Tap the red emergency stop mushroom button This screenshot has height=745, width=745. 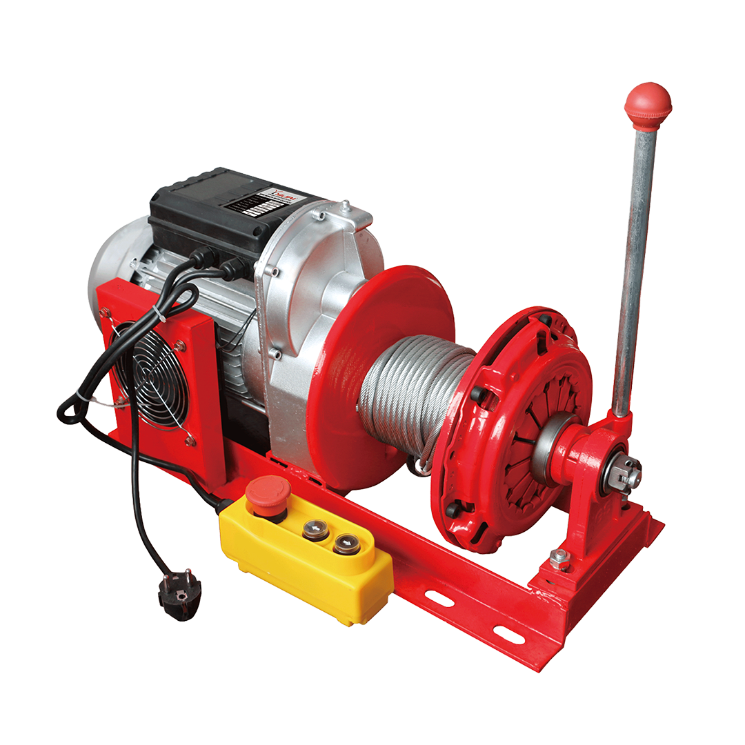[x=267, y=490]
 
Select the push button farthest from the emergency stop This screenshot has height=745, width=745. [x=346, y=545]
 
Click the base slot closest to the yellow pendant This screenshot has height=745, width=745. [x=439, y=597]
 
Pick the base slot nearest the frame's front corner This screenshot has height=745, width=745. [x=508, y=635]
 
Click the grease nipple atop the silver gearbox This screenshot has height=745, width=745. [x=344, y=205]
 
